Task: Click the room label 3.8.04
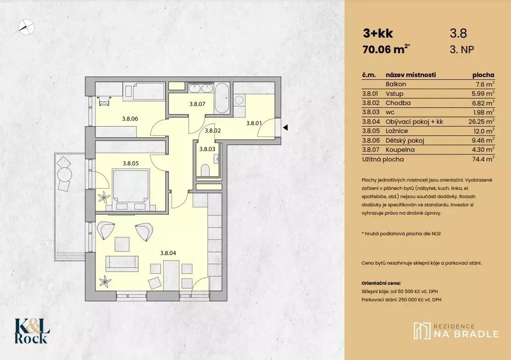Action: coord(168,253)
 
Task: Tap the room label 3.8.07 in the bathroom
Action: coord(197,104)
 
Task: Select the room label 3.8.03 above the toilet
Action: coord(207,149)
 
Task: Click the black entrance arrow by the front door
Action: coord(285,127)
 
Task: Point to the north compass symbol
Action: coord(26,27)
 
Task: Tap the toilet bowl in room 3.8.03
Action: coord(206,170)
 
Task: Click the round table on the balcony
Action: coord(65,174)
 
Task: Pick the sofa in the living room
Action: coord(122,264)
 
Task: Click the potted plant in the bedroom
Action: coord(104,197)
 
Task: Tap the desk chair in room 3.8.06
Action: coord(104,101)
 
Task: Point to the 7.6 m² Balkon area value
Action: coord(485,84)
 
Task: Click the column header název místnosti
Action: coord(411,75)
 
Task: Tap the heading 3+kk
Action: coord(378,33)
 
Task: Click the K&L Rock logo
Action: coord(32,331)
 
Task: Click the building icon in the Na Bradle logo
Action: coord(422,331)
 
